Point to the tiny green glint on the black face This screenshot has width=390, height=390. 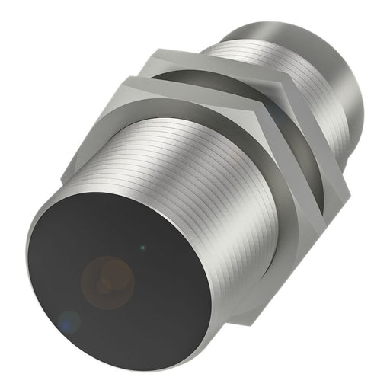coord(142,246)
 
